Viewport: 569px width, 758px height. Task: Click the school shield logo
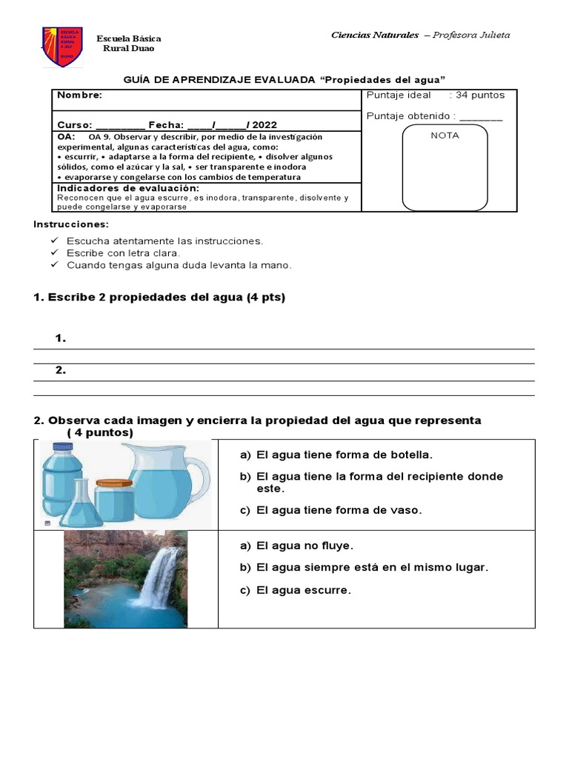61,47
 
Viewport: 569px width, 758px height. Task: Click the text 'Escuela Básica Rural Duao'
129,43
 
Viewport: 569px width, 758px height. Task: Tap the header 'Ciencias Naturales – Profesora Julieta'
420,35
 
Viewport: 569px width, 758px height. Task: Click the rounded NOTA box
445,168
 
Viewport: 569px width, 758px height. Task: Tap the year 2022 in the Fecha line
265,125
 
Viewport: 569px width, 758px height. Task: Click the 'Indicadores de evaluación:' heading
127,188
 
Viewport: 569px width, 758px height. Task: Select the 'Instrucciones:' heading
71,224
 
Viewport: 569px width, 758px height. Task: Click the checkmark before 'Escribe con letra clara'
54,253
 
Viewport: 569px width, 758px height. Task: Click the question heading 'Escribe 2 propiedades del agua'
159,298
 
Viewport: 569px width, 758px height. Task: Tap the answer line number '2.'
61,370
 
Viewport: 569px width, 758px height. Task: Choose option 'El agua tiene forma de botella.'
344,455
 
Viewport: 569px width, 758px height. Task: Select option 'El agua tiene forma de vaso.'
339,510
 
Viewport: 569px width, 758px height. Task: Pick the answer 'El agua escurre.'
303,590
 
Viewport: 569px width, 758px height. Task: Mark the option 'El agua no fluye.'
305,546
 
